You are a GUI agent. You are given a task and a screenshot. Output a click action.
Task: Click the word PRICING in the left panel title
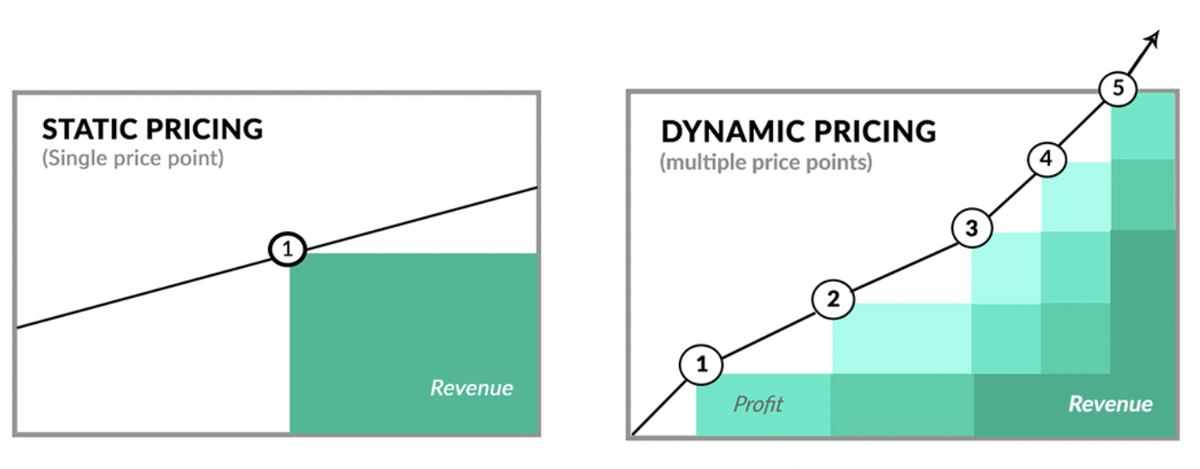pos(205,129)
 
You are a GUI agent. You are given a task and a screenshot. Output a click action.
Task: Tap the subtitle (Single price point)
pos(133,158)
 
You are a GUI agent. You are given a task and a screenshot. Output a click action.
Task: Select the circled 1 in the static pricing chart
pos(287,249)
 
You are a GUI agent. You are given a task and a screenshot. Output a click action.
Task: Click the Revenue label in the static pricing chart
pos(472,387)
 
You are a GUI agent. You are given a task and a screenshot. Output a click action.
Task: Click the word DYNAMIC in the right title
pos(732,132)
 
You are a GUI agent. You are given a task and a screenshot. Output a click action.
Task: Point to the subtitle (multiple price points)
pos(766,162)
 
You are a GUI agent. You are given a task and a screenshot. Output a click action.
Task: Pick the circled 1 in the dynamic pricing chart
pos(701,364)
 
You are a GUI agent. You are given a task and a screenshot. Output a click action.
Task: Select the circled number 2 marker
pos(833,299)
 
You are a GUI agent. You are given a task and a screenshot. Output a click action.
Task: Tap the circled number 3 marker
pos(972,228)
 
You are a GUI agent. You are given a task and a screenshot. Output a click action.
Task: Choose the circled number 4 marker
pos(1047,159)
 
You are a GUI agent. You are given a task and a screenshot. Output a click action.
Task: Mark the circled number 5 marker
pos(1118,88)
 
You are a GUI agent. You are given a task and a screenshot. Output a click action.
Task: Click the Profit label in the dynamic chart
pos(758,404)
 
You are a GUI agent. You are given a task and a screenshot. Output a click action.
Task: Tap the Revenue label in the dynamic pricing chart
pos(1110,404)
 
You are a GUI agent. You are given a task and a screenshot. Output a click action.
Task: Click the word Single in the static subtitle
pos(73,158)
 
